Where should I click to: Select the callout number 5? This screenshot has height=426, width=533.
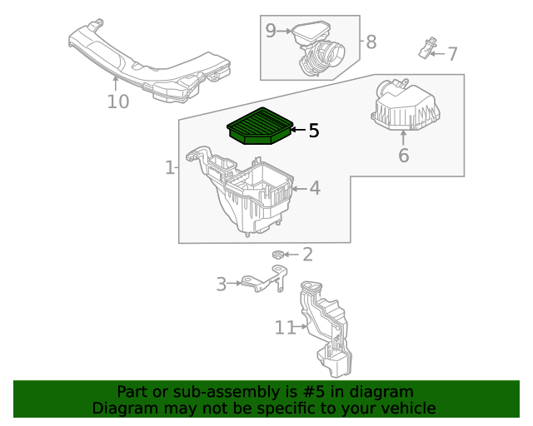[x=313, y=131]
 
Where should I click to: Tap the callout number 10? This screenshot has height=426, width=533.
[x=118, y=102]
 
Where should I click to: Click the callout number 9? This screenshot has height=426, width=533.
[x=271, y=31]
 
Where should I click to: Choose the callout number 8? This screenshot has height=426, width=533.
[x=371, y=41]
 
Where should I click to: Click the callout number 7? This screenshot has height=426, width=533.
[x=452, y=55]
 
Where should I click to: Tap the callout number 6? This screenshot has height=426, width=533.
[x=403, y=156]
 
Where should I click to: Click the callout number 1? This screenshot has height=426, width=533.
[x=169, y=168]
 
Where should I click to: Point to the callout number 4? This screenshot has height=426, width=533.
[x=314, y=189]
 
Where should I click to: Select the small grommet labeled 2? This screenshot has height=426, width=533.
[x=278, y=255]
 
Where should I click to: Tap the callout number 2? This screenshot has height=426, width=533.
[x=306, y=255]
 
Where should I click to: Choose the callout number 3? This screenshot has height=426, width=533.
[x=221, y=285]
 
